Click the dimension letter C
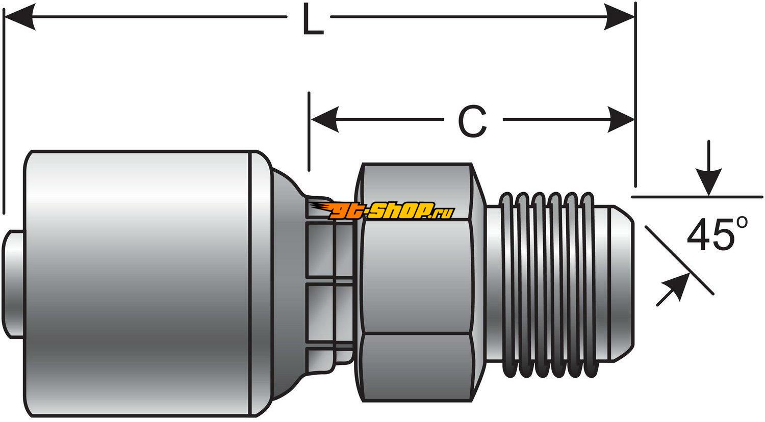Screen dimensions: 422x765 [472, 121]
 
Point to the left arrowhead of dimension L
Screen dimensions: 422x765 [20, 17]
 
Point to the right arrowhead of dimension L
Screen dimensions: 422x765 [620, 17]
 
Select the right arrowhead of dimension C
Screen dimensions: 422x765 [621, 120]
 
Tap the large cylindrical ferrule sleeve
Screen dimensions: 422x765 [138, 283]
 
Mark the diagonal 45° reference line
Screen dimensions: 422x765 [678, 260]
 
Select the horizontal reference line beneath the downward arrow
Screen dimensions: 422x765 [739, 197]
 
